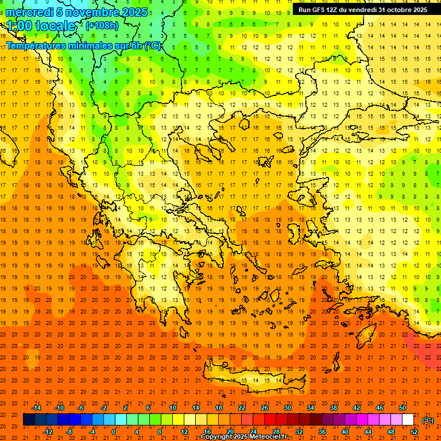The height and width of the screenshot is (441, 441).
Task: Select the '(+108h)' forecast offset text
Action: pyautogui.click(x=102, y=26)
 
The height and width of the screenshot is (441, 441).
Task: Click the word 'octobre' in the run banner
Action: pyautogui.click(x=394, y=10)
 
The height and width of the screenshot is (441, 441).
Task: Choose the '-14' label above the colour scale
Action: pyautogui.click(x=36, y=408)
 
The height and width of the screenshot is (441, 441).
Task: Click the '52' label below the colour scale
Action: pyautogui.click(x=414, y=431)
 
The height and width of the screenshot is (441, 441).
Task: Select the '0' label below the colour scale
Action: pyautogui.click(x=114, y=431)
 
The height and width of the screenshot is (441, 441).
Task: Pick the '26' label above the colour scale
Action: pyautogui.click(x=265, y=408)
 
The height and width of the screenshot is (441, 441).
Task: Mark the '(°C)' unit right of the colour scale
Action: pyautogui.click(x=428, y=420)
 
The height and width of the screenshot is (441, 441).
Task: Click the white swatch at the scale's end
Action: pyautogui.click(x=408, y=420)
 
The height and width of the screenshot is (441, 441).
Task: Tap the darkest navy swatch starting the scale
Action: pyautogui.click(x=29, y=420)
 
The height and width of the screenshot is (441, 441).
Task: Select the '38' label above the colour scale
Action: pyautogui.click(x=334, y=408)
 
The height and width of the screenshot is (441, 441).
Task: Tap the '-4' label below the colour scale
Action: pyautogui.click(x=91, y=431)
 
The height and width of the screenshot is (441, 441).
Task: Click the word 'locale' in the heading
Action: pyautogui.click(x=55, y=26)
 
